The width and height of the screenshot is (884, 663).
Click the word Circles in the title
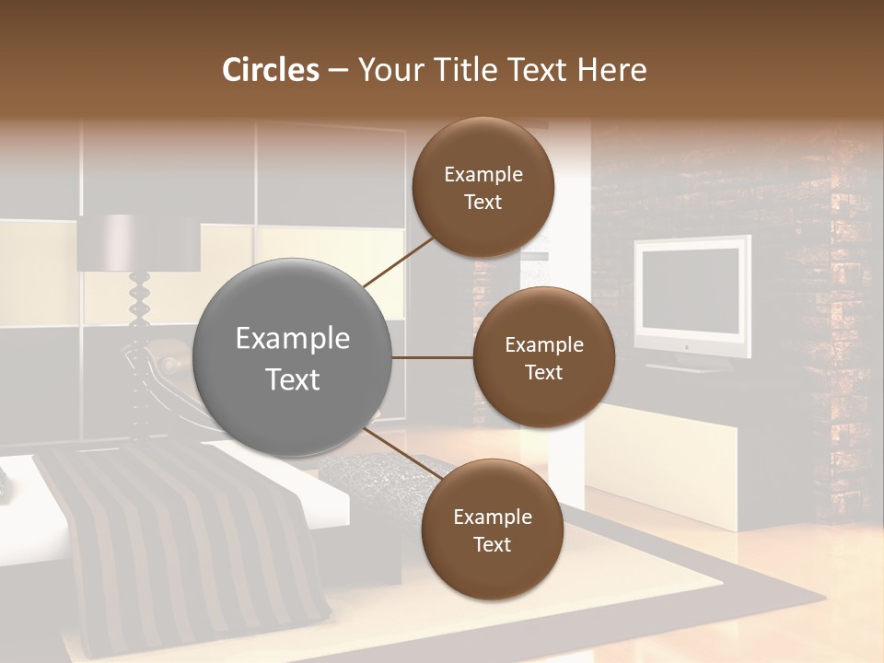click(271, 70)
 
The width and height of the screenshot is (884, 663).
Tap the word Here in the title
click(611, 70)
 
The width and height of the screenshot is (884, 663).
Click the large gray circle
click(293, 357)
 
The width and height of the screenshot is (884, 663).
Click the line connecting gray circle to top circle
click(401, 260)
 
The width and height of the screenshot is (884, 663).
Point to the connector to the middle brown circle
click(433, 357)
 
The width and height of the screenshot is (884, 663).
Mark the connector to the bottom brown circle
click(402, 454)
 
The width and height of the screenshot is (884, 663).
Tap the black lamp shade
click(138, 243)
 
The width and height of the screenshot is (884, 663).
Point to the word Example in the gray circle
click(293, 339)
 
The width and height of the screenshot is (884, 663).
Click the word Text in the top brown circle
click(483, 203)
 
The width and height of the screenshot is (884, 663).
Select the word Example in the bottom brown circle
click(492, 518)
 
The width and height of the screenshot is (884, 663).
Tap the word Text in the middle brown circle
click(543, 373)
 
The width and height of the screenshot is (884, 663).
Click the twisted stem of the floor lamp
click(140, 313)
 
